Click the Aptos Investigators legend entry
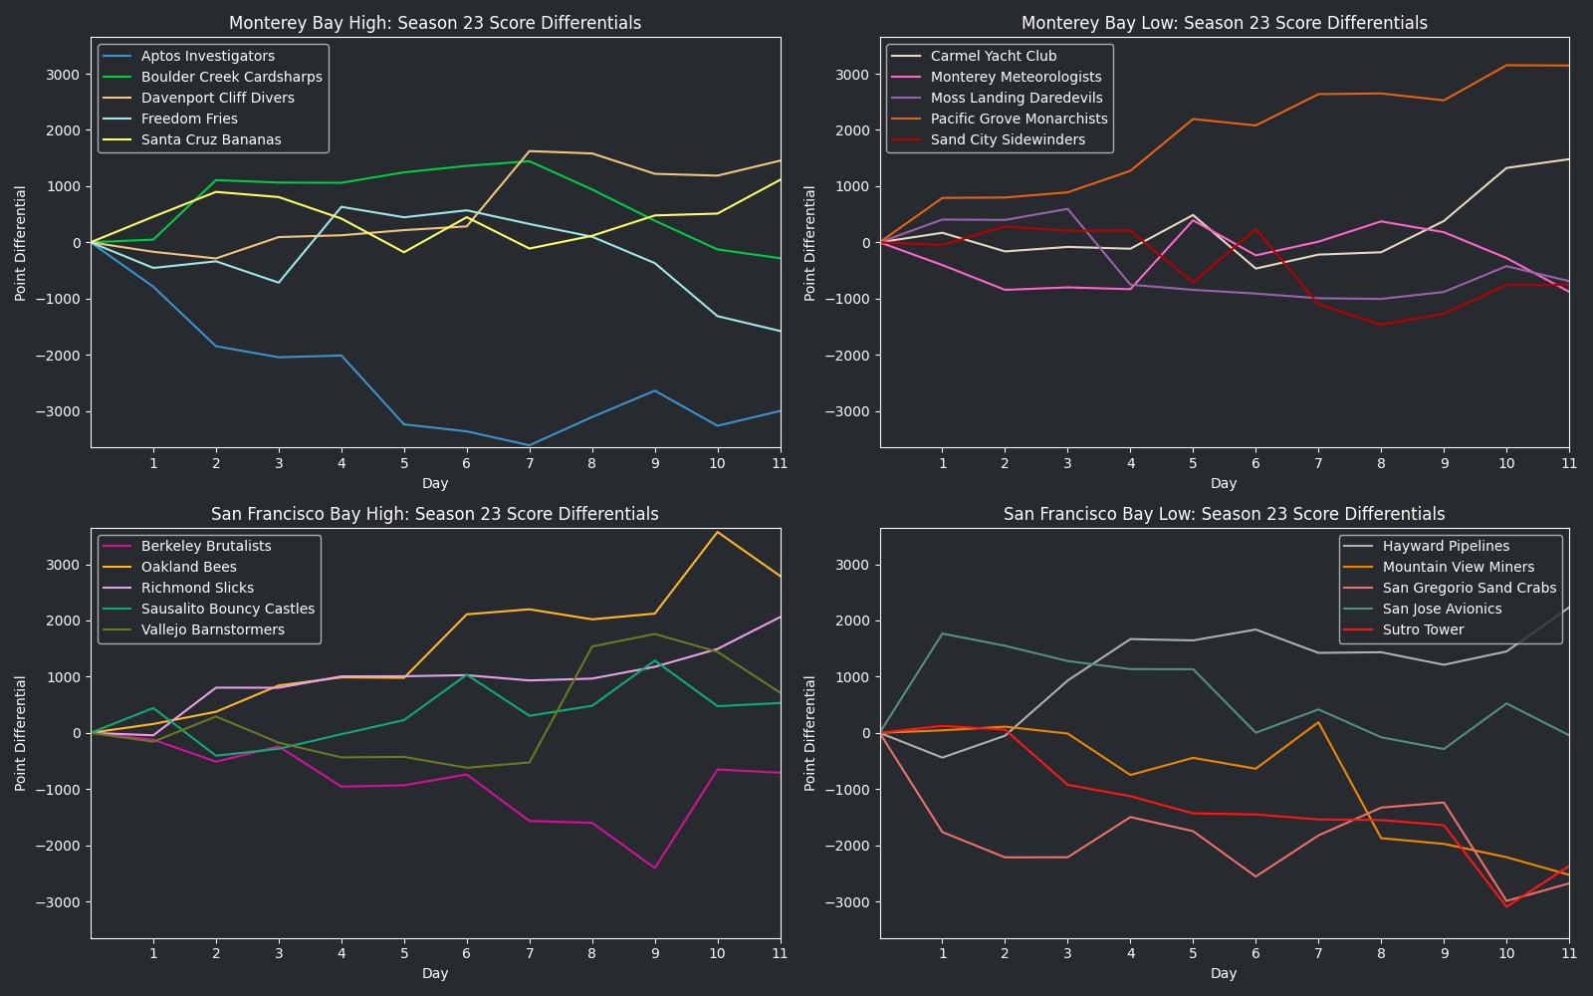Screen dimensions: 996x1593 tap(208, 57)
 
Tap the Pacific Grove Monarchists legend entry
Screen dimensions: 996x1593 tap(1019, 120)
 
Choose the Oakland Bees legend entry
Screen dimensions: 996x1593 tap(189, 568)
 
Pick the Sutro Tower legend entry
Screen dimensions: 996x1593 tap(1423, 630)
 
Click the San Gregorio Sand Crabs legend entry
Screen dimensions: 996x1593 tap(1469, 589)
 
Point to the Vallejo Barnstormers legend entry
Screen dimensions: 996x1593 tap(213, 630)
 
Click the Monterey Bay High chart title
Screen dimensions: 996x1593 tap(435, 23)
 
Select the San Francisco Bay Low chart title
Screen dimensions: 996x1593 tap(1224, 514)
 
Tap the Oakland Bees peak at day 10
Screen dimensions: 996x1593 tap(717, 532)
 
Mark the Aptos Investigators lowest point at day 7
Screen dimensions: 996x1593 tap(530, 445)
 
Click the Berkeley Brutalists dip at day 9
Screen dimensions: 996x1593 tap(654, 868)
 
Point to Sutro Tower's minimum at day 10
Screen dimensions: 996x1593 tap(1506, 906)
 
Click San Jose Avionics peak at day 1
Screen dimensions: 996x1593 tap(942, 633)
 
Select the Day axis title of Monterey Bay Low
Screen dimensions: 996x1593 tap(1224, 483)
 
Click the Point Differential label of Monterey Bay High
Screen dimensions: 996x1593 tap(21, 243)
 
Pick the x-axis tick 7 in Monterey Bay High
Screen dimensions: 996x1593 tap(530, 463)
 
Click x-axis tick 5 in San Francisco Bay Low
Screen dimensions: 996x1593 tap(1193, 953)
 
